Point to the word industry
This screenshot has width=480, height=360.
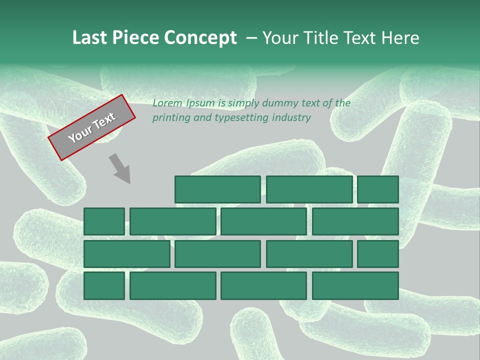point(292,118)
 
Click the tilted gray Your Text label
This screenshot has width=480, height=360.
point(92,127)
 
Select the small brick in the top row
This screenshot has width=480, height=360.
point(378,189)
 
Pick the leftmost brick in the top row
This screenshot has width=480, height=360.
point(217,189)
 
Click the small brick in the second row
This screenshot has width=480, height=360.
point(104,221)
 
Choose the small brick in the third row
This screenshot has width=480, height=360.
point(378,254)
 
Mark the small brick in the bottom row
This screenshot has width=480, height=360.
point(104,286)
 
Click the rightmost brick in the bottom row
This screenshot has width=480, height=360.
point(355,286)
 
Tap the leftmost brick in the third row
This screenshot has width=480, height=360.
point(126,254)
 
